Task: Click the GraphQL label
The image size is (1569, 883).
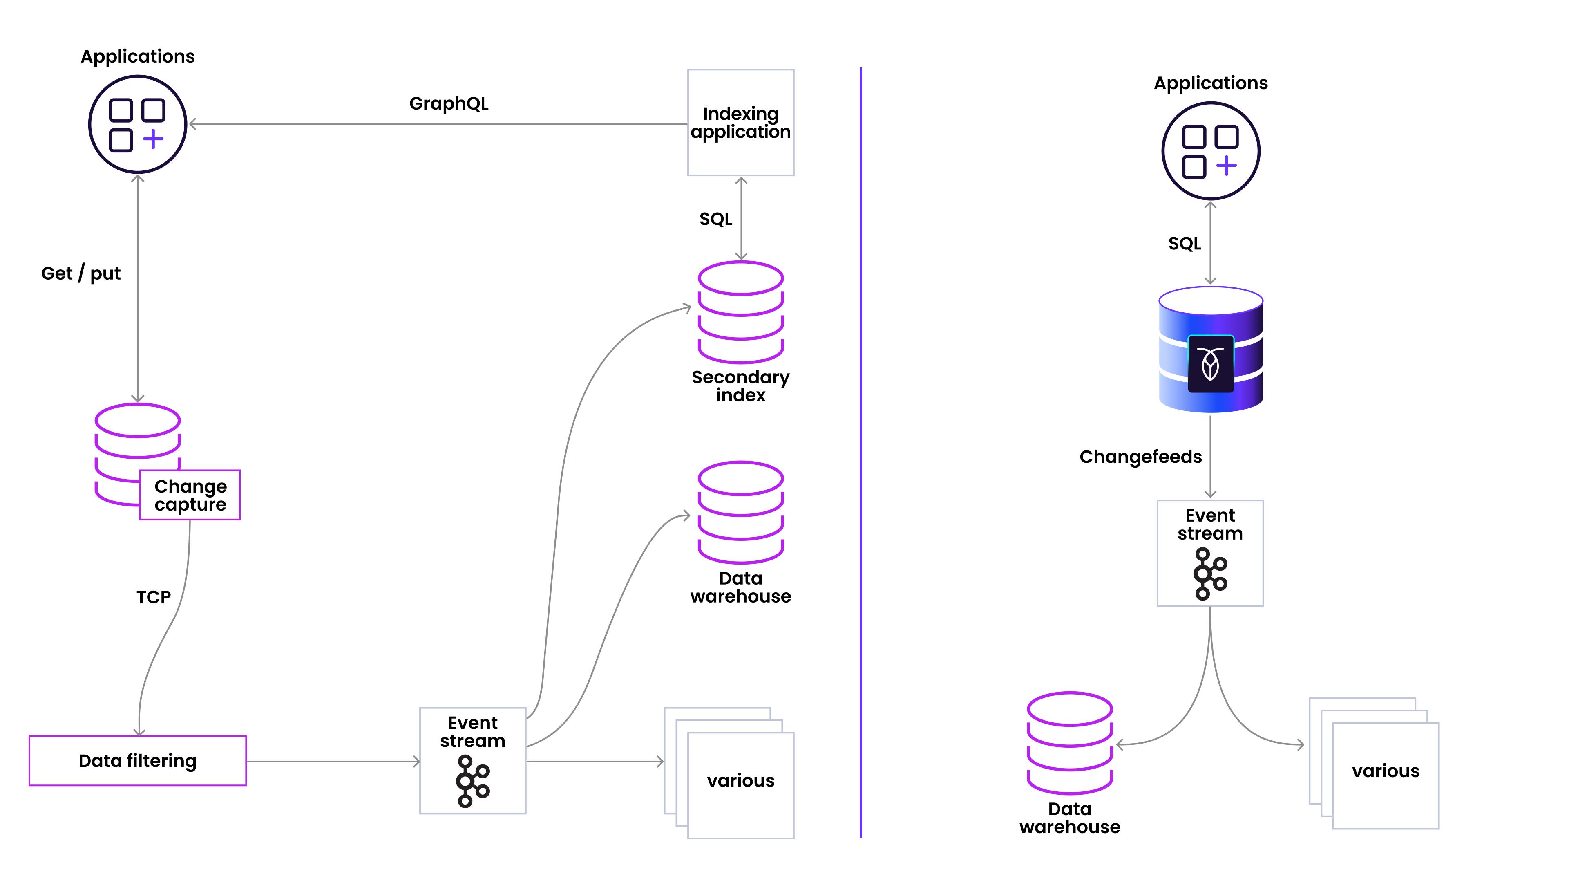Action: pyautogui.click(x=449, y=103)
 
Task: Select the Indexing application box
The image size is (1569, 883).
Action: pyautogui.click(x=741, y=123)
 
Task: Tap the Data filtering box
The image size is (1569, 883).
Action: pyautogui.click(x=138, y=760)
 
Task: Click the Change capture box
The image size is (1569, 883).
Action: pyautogui.click(x=190, y=495)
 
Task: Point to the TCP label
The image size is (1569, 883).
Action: pyautogui.click(x=154, y=597)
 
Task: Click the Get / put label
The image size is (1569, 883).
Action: pyautogui.click(x=81, y=273)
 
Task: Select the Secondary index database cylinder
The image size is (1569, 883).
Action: pyautogui.click(x=741, y=313)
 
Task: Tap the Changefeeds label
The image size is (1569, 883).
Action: pyautogui.click(x=1140, y=457)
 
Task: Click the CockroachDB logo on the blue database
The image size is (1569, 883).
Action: pyautogui.click(x=1211, y=364)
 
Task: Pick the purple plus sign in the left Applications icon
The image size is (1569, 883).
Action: pyautogui.click(x=154, y=139)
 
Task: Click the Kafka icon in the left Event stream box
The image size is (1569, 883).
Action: pyautogui.click(x=473, y=781)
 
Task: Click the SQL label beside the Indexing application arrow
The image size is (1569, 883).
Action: pyautogui.click(x=716, y=220)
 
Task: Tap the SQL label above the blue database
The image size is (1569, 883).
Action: pyautogui.click(x=1185, y=244)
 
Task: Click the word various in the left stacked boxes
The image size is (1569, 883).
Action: pyautogui.click(x=741, y=781)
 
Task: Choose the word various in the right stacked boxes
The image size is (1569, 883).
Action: pyautogui.click(x=1386, y=771)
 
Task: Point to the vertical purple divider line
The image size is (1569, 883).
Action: pyautogui.click(x=860, y=453)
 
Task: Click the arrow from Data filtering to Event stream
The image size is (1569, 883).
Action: pyautogui.click(x=333, y=761)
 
